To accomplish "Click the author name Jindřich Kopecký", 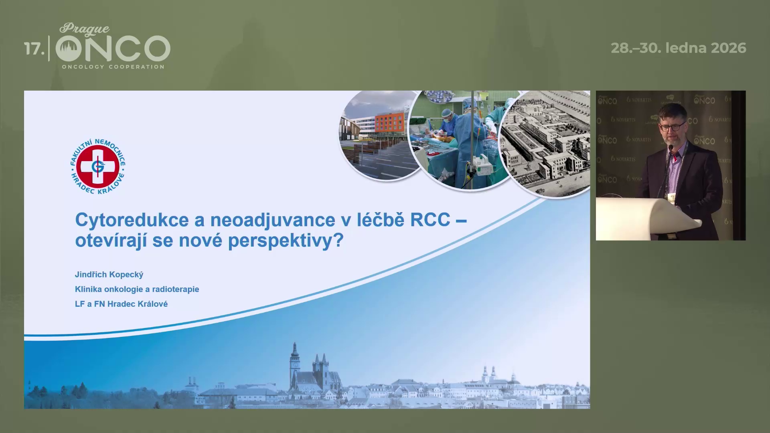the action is click(109, 275).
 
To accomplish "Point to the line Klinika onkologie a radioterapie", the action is click(137, 289).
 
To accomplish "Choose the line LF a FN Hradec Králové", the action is click(121, 304).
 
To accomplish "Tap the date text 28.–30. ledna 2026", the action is click(679, 48).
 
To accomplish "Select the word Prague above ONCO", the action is click(85, 29).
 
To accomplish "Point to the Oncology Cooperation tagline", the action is click(113, 67).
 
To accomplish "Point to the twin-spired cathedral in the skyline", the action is click(320, 373).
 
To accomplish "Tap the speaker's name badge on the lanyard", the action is click(670, 197).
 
